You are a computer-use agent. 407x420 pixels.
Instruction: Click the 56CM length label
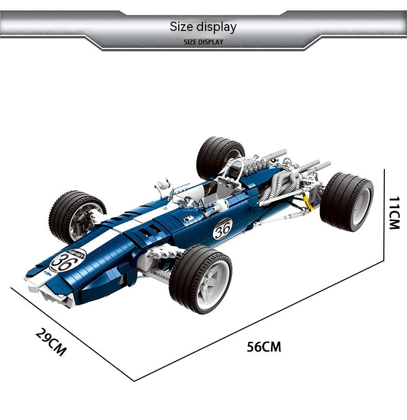coord(264,347)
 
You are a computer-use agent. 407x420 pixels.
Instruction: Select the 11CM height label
coord(394,213)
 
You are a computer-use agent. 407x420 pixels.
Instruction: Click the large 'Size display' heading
coord(203,27)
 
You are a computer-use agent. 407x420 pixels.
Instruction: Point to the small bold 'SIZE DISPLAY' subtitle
coord(203,42)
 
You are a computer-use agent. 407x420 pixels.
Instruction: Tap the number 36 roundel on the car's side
coord(223,228)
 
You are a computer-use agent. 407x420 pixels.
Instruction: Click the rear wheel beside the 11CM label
coord(347,201)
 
